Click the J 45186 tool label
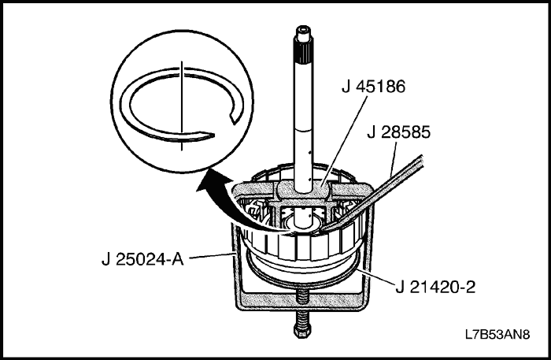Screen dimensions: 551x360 click(x=373, y=87)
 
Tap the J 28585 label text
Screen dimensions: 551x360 click(x=398, y=132)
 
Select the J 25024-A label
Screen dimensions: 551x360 click(x=142, y=260)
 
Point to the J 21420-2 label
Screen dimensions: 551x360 click(x=435, y=288)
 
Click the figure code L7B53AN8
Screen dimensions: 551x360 click(x=497, y=334)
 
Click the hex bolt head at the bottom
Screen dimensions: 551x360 click(x=301, y=331)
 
